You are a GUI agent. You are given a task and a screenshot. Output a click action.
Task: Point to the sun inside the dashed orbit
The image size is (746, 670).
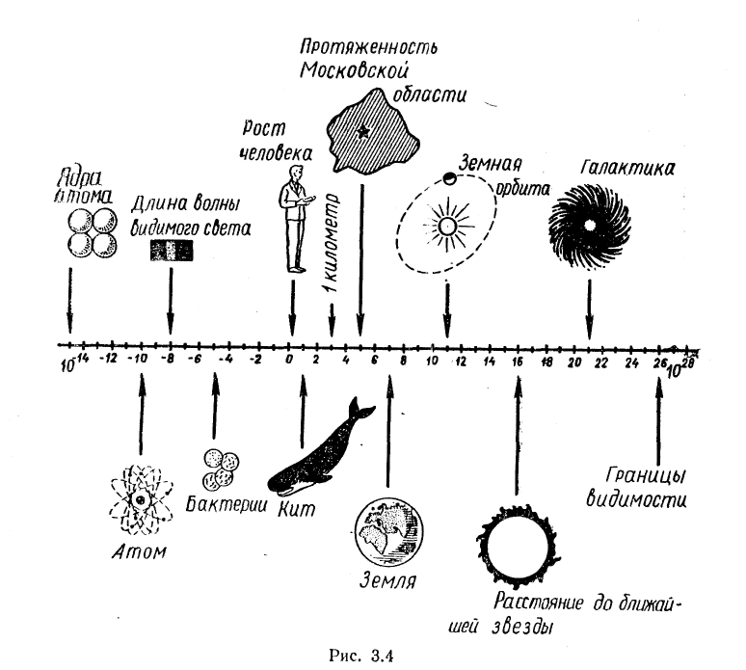click(x=447, y=225)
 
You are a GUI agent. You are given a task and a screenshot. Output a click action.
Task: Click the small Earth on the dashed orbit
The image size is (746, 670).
click(x=449, y=178)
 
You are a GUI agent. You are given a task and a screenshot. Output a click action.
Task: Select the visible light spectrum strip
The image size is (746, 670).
click(x=171, y=252)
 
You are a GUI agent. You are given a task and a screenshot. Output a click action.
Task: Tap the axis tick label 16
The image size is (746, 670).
click(x=518, y=362)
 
